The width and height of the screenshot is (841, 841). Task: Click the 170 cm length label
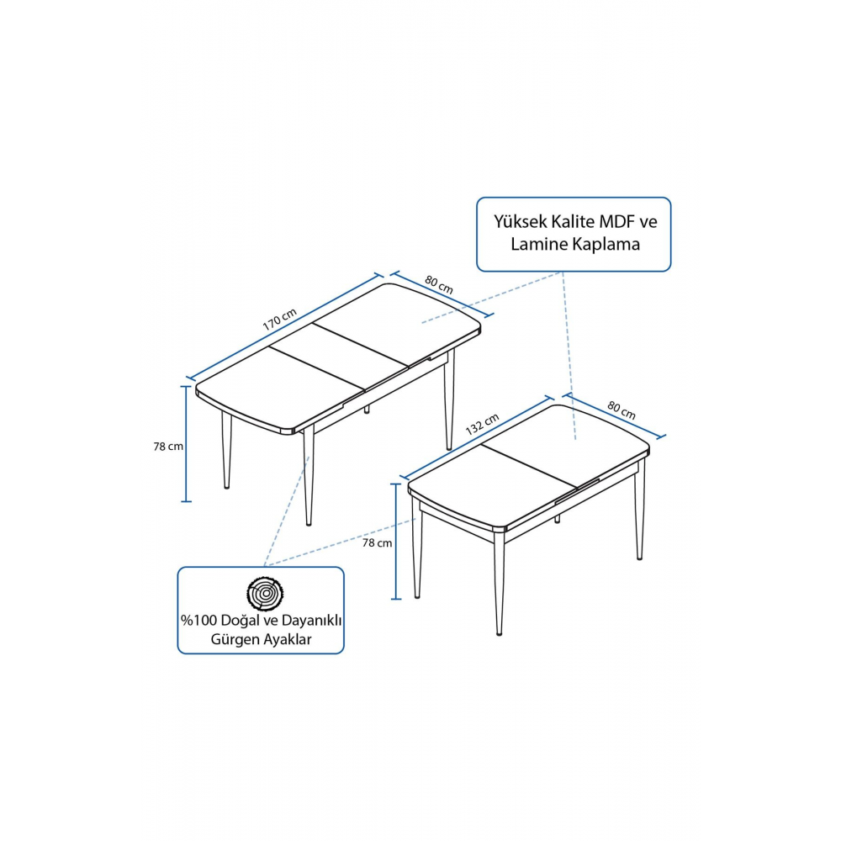pyautogui.click(x=279, y=320)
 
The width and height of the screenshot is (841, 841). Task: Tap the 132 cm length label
pyautogui.click(x=482, y=424)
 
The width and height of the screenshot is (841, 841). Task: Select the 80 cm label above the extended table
pyautogui.click(x=439, y=285)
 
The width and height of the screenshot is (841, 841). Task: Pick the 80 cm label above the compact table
pyautogui.click(x=621, y=410)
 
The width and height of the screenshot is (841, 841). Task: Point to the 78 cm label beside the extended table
pyautogui.click(x=168, y=447)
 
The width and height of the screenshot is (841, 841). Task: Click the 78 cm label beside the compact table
pyautogui.click(x=377, y=542)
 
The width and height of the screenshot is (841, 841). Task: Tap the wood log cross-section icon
pyautogui.click(x=265, y=593)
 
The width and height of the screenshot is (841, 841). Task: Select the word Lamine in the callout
pyautogui.click(x=534, y=244)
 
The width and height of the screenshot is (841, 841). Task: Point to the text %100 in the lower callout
pyautogui.click(x=198, y=621)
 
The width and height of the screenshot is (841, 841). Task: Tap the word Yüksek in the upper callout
pyautogui.click(x=521, y=221)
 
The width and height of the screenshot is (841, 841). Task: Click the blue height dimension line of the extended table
pyautogui.click(x=186, y=443)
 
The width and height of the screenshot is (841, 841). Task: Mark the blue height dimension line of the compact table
pyautogui.click(x=396, y=541)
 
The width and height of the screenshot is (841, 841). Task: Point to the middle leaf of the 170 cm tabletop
pyautogui.click(x=339, y=356)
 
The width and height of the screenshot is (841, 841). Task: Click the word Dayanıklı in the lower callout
pyautogui.click(x=312, y=621)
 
